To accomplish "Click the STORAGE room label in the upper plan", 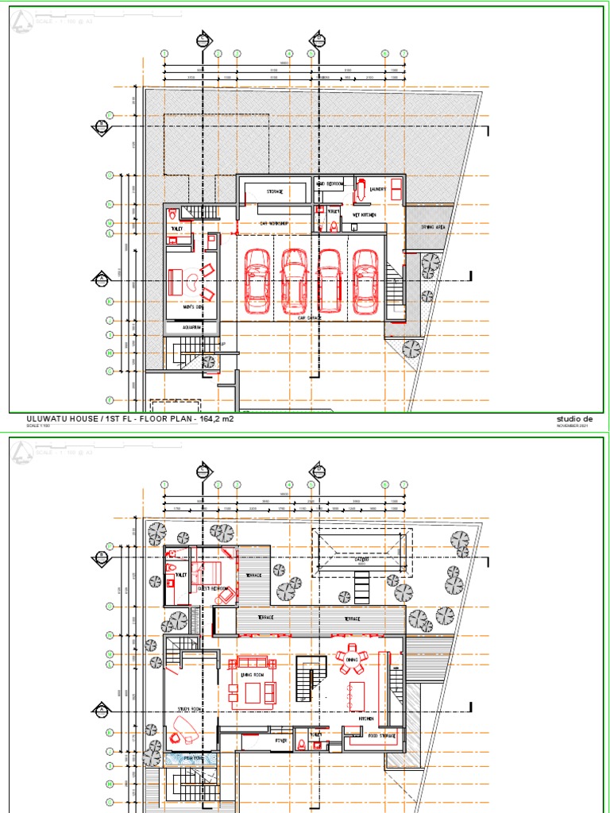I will [x=275, y=191].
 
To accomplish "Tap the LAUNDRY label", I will [x=377, y=189].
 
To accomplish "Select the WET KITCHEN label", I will [x=364, y=215].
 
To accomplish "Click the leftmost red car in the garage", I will [x=257, y=280].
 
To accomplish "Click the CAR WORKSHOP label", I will [x=273, y=224].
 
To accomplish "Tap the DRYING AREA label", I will [x=432, y=227].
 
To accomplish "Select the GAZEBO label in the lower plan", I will [x=361, y=560].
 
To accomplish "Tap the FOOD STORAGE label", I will [x=382, y=735].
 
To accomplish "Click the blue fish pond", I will [x=191, y=759].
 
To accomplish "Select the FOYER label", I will [x=281, y=740].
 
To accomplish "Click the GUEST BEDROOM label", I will [x=214, y=588].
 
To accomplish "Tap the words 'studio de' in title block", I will [x=576, y=418].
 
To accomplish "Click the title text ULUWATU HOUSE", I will [x=59, y=418].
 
